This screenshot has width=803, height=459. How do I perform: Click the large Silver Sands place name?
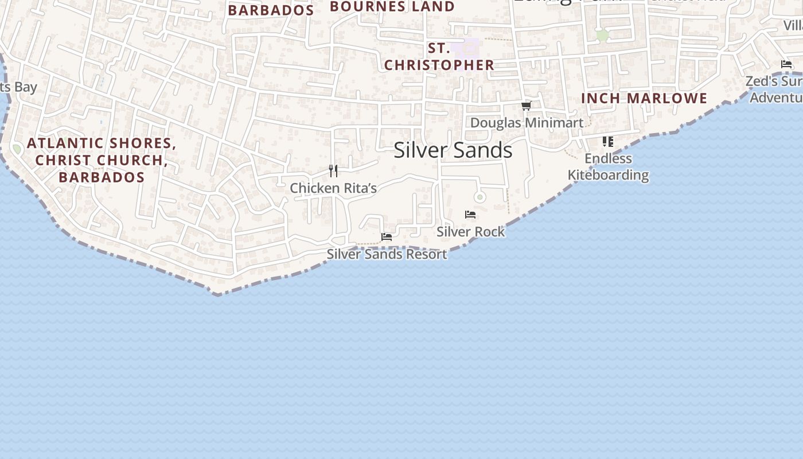(x=453, y=150)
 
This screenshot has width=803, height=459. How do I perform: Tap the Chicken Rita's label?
(x=333, y=188)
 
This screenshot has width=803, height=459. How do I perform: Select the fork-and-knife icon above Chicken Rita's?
(x=333, y=171)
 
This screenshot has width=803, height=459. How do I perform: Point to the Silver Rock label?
(x=470, y=232)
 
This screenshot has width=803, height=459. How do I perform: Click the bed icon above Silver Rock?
(x=470, y=215)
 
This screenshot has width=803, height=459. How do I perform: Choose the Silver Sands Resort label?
(x=387, y=254)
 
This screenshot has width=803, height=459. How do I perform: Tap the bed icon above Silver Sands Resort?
(x=387, y=236)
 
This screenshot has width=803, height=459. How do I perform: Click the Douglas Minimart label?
(x=527, y=123)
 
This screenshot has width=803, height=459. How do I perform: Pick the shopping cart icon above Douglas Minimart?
(x=527, y=106)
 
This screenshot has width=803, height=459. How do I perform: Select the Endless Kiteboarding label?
(x=608, y=166)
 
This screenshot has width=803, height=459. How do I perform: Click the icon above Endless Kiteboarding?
(x=608, y=141)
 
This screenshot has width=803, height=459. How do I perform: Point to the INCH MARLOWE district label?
(x=644, y=99)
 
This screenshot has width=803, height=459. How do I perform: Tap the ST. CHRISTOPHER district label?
(x=439, y=57)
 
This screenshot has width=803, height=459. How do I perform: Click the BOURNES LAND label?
(x=392, y=7)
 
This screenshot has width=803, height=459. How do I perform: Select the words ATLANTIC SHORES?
(x=102, y=143)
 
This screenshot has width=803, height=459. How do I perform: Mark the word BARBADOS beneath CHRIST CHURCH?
(x=102, y=177)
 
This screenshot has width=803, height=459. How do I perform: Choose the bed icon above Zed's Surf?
(x=786, y=64)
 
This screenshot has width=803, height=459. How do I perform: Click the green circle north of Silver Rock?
(x=480, y=197)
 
